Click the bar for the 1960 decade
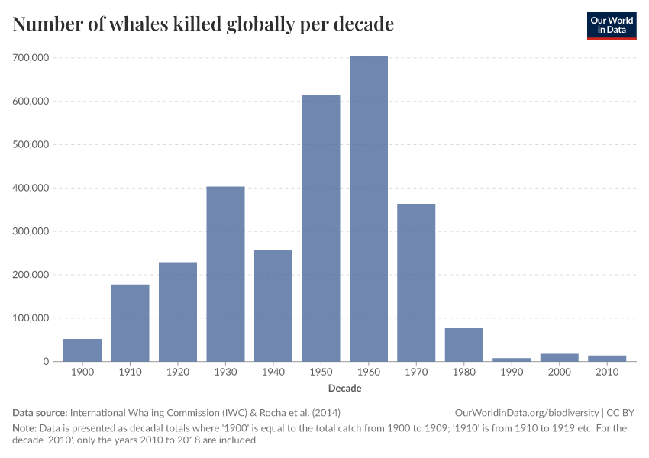369,209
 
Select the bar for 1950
321,228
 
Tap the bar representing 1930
225,274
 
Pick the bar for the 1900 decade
82,350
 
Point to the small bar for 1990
512,360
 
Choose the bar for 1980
464,345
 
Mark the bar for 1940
273,305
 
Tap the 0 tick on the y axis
47,362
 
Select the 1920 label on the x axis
178,372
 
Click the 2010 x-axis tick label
607,372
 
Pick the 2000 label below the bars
560,372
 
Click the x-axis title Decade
345,389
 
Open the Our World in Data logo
611,25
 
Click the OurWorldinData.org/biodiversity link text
526,412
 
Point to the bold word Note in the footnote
24,428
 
